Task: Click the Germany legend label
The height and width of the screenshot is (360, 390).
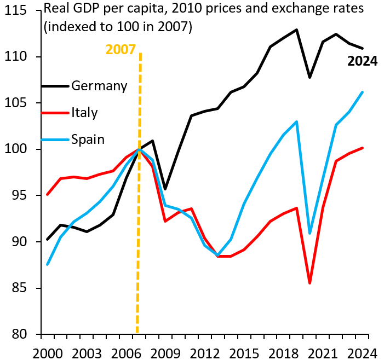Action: (x=99, y=86)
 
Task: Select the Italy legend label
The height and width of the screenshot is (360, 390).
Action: (x=84, y=113)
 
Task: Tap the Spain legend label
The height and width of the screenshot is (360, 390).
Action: (x=88, y=139)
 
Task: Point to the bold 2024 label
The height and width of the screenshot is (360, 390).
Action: (x=363, y=61)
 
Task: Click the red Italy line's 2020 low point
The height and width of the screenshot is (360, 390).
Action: (x=310, y=283)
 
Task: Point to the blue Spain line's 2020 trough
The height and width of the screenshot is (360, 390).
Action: (x=310, y=234)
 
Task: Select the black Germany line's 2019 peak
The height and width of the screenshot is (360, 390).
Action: (x=297, y=30)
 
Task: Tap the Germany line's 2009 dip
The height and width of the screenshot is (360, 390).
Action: (x=165, y=189)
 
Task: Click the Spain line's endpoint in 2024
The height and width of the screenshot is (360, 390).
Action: (x=363, y=92)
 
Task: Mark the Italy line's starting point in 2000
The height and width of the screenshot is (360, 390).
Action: (x=48, y=194)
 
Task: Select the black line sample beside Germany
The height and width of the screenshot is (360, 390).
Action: (x=55, y=86)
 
